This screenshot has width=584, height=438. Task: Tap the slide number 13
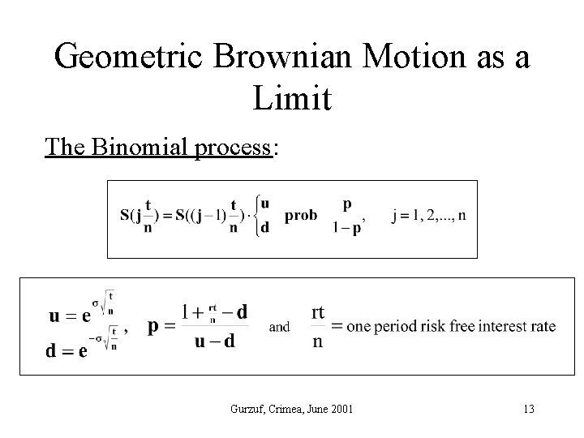tap(529, 409)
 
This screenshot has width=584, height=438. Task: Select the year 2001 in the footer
tap(340, 409)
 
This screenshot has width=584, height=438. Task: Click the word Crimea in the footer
tap(284, 409)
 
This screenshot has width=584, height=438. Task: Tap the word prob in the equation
tap(301, 217)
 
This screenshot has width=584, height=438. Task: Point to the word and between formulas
tap(279, 327)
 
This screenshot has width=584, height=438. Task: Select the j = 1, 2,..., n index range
tap(427, 216)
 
